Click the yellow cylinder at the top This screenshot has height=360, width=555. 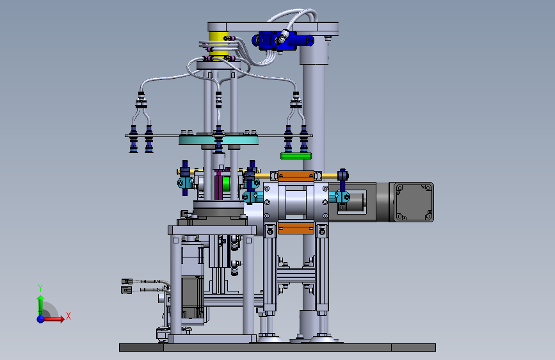[218, 44]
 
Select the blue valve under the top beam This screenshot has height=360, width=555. [282, 40]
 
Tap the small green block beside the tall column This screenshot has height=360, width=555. [296, 156]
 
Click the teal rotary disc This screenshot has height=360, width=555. [218, 140]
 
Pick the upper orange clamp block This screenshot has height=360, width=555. [296, 176]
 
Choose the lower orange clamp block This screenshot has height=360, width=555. [296, 228]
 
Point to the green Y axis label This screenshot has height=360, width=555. [40, 288]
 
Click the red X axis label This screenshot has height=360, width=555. [68, 316]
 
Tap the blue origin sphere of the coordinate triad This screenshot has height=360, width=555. [41, 319]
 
